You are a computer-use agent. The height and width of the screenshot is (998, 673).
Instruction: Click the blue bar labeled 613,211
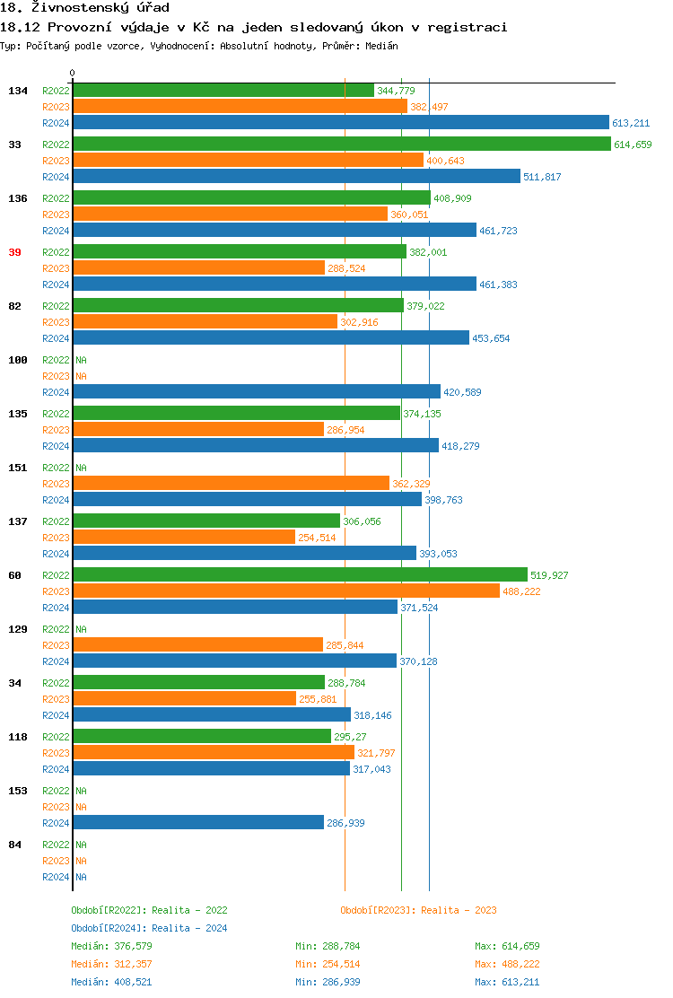tap(341, 122)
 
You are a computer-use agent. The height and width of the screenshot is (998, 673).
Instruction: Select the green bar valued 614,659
tap(342, 144)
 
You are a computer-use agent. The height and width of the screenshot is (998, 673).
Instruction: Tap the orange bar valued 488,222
tap(286, 591)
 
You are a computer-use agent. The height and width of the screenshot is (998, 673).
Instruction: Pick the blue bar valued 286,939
tap(198, 822)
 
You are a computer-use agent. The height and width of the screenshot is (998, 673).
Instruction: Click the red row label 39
tap(14, 252)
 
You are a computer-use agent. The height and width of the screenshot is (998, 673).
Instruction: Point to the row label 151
tap(17, 468)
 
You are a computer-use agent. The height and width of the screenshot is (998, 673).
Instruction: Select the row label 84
tap(14, 845)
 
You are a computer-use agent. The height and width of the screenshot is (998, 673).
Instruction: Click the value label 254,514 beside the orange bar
tap(317, 538)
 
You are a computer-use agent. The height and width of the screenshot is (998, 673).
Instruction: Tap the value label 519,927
tap(549, 575)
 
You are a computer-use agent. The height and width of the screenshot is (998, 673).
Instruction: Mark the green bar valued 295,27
tap(202, 736)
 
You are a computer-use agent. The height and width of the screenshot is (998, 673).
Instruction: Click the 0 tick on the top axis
tap(73, 73)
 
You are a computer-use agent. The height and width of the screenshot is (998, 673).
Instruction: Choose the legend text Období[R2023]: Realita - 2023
tap(418, 910)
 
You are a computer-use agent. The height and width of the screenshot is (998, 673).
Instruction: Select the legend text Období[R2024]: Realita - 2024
tap(149, 928)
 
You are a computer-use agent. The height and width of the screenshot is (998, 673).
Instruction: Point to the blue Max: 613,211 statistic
tap(507, 982)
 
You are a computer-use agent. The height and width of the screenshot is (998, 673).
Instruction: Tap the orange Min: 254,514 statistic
tap(328, 964)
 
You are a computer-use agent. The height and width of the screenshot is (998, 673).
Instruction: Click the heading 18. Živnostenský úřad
tap(84, 8)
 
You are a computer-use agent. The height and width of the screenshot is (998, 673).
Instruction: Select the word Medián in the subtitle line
tap(383, 46)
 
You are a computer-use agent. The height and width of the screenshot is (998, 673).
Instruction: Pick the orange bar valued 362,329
tap(231, 483)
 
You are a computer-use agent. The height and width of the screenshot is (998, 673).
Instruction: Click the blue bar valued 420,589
tap(257, 391)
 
